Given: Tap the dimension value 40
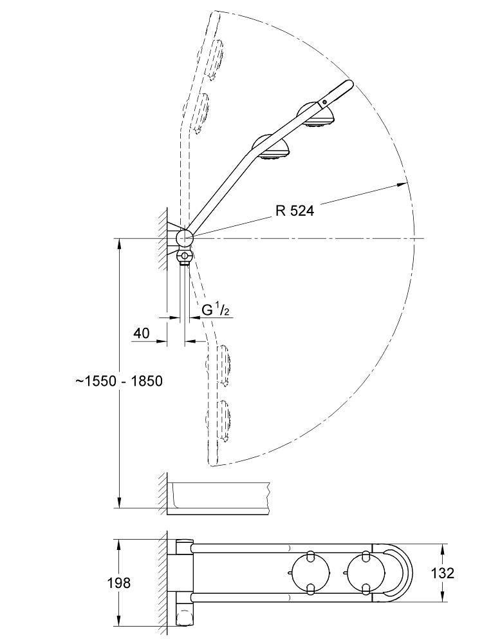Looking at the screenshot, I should tap(142, 333).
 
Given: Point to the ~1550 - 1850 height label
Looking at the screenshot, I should tap(118, 381).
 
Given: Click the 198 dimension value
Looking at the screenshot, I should tap(120, 583).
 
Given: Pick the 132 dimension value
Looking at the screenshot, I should tap(441, 573).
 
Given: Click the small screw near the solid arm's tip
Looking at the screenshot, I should tap(326, 101).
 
